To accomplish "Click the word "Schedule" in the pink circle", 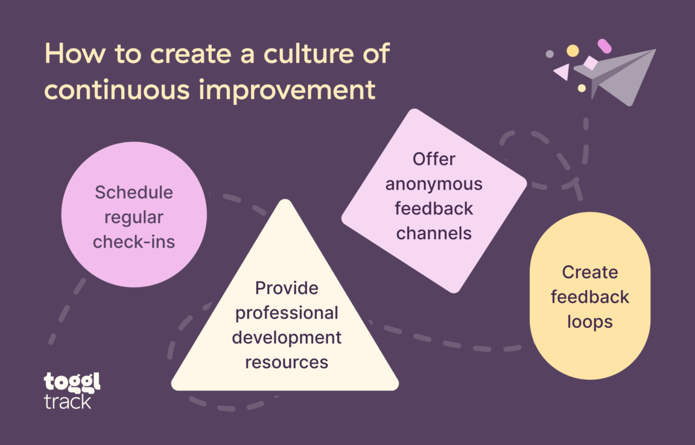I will [134, 193].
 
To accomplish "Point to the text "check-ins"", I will [134, 242].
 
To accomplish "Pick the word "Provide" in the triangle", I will [287, 288].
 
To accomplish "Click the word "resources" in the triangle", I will [287, 362].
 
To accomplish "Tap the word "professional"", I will [287, 313].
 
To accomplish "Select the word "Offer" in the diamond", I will [434, 159].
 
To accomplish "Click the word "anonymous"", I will [434, 184].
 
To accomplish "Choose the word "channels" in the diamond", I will [434, 232].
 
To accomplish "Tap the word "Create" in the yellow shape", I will [590, 272].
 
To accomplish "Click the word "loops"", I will [590, 322].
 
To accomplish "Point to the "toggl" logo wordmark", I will [72, 383].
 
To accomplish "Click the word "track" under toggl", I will [68, 401].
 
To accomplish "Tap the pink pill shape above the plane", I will [605, 46].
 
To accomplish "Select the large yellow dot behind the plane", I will [573, 51].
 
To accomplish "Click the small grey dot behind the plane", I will [550, 54].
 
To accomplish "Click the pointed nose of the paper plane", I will [655, 50].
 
